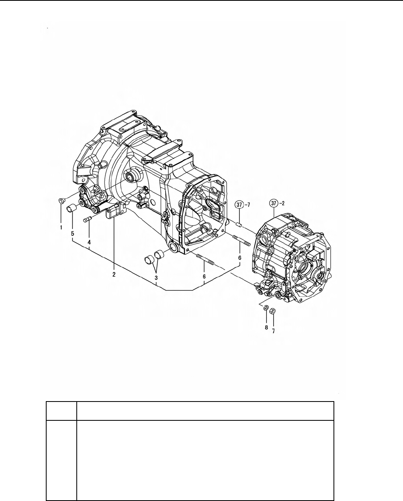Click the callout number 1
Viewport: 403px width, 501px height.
pos(61,227)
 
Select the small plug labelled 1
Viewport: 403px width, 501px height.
pos(61,201)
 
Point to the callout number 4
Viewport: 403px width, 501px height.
pos(89,242)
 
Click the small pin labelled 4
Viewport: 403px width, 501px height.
pos(88,219)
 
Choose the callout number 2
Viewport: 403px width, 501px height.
pos(114,275)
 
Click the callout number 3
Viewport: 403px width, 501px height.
pos(155,278)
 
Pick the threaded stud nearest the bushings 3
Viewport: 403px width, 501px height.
pos(206,260)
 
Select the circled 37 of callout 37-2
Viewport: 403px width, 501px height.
pos(274,204)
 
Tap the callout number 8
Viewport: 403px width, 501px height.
pos(266,327)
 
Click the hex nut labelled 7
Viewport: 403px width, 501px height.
pos(272,311)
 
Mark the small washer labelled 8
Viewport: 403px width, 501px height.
pos(265,308)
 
